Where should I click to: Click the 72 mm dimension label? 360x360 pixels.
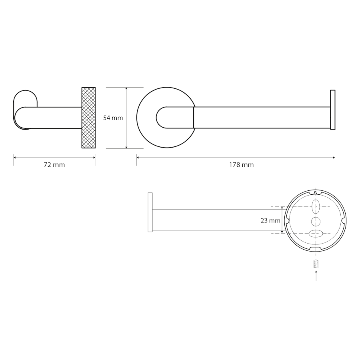[x=54, y=165]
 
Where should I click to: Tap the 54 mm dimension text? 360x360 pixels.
[x=113, y=118]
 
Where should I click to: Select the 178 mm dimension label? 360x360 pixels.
[x=241, y=165]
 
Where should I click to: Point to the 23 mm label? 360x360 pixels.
[x=270, y=221]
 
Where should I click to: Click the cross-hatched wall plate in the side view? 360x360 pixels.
[x=89, y=118]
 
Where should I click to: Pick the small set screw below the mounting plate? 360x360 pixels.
[x=316, y=264]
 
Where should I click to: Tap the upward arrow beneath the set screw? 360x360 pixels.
[x=316, y=276]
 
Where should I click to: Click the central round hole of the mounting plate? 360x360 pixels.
[x=316, y=222]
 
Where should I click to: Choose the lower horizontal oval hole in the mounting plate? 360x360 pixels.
[x=316, y=234]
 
